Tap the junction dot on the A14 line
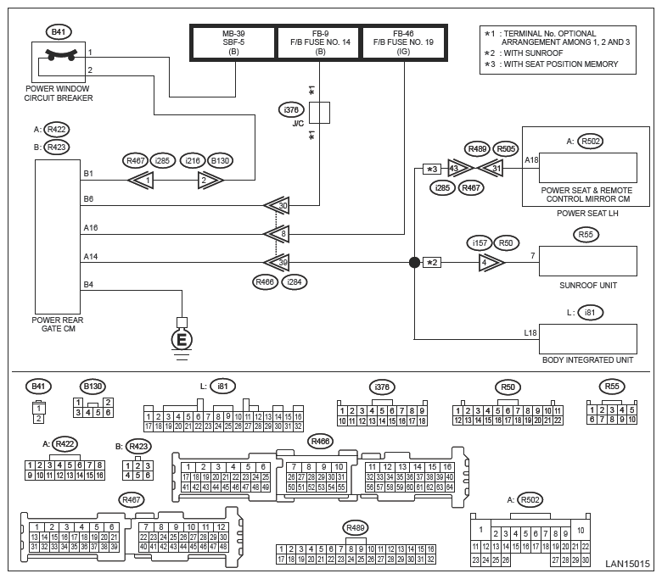415,262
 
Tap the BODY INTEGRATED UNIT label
588,360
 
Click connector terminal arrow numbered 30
277,205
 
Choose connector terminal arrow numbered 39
277,262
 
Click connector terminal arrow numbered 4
491,262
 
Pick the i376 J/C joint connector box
319,113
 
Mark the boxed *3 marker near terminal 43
431,168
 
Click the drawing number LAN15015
627,563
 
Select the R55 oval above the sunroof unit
586,234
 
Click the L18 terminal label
530,334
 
